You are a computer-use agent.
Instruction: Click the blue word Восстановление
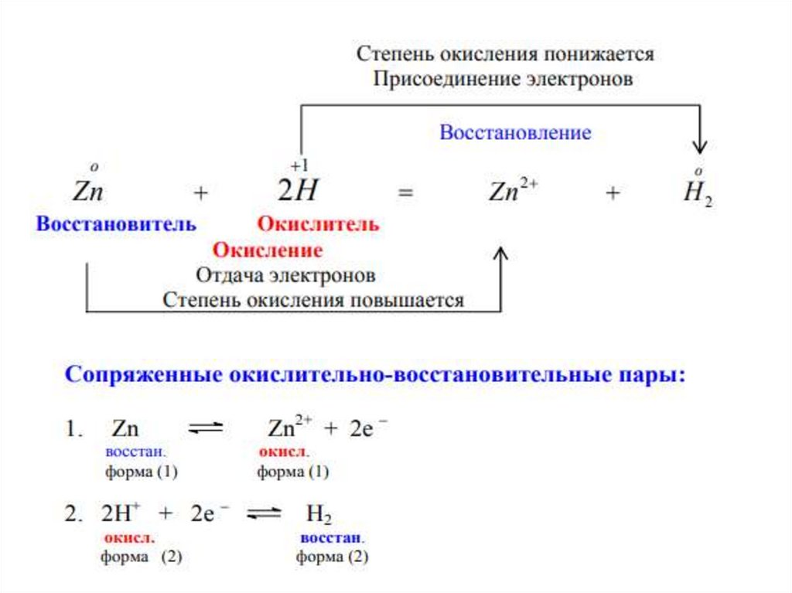(x=515, y=132)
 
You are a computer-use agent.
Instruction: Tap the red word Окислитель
(x=318, y=224)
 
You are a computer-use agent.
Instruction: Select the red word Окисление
(x=268, y=250)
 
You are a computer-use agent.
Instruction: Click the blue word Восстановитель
(x=116, y=224)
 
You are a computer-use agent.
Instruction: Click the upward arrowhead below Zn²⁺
(x=501, y=255)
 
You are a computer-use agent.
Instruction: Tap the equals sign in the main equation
(x=405, y=194)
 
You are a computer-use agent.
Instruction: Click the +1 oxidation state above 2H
(x=299, y=166)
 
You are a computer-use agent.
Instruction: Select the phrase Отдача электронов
(x=286, y=275)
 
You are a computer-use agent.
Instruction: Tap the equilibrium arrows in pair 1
(x=207, y=428)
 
